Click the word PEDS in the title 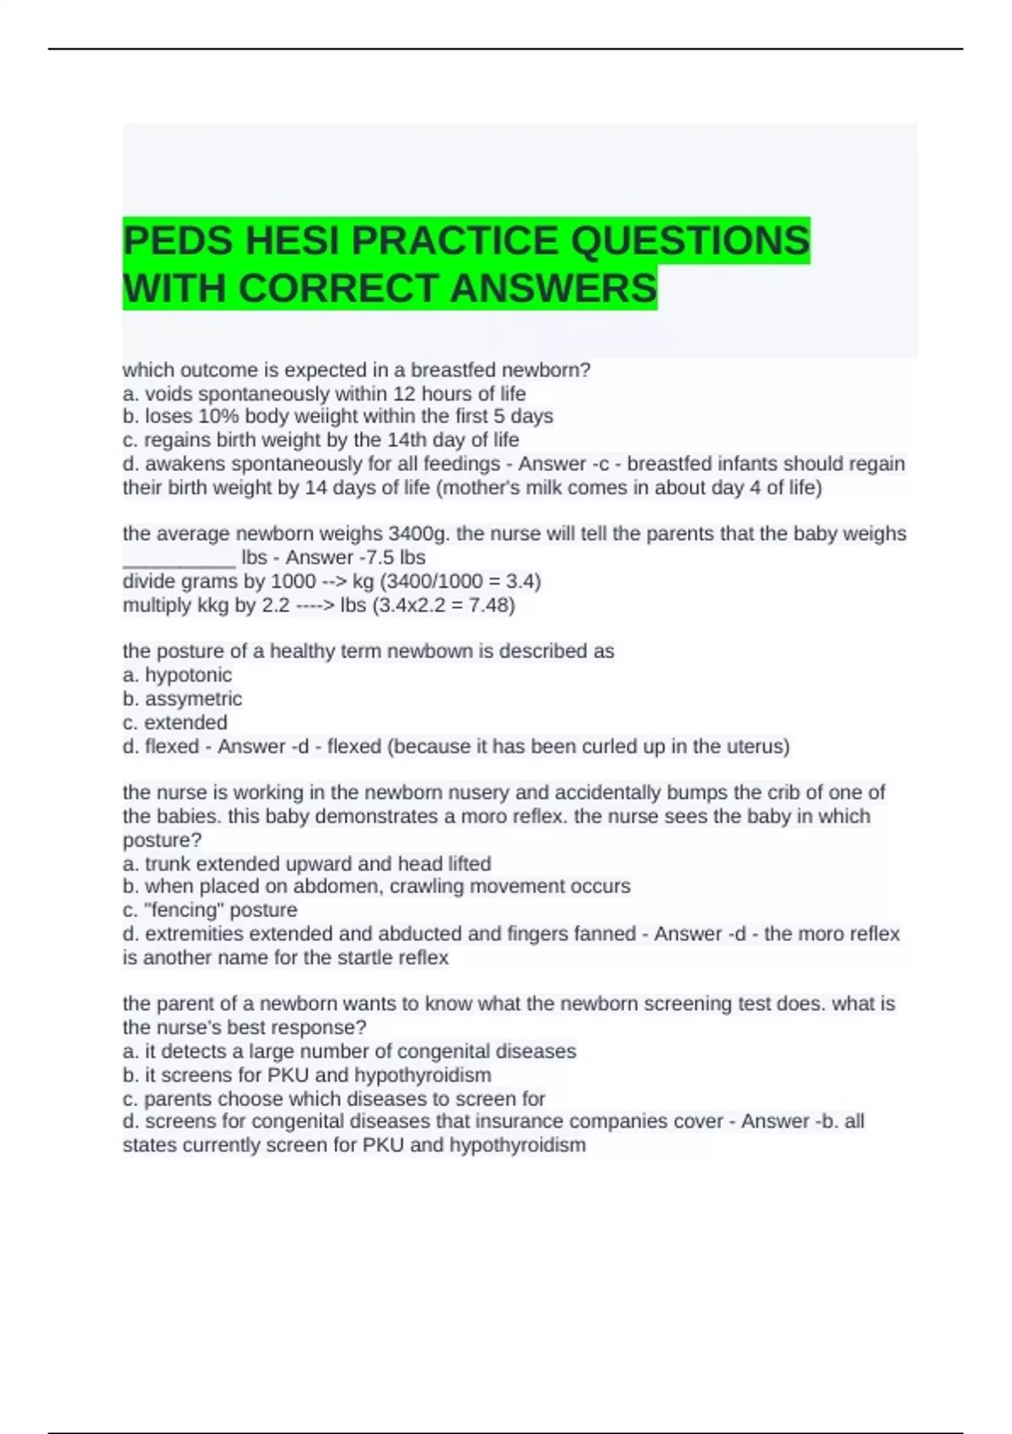(x=177, y=240)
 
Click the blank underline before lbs (x=179, y=560)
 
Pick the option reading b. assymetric (x=182, y=698)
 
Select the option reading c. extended (x=175, y=723)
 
